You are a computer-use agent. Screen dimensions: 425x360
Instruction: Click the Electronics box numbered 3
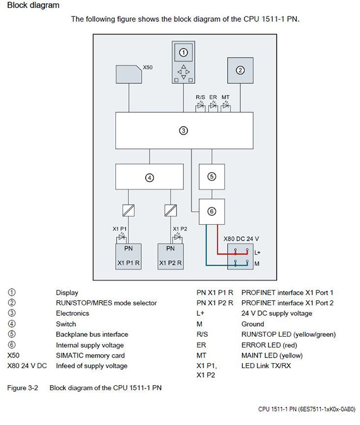click(183, 131)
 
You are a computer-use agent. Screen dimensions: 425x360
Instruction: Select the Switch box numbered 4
click(149, 177)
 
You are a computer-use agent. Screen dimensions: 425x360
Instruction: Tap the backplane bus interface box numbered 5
click(211, 176)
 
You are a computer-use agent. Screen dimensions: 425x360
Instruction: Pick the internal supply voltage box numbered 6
click(211, 211)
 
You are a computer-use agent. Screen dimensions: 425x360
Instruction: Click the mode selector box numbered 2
click(240, 70)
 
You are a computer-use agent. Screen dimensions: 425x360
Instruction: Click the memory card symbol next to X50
click(128, 74)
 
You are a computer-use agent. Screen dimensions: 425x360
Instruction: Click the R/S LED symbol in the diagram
click(201, 106)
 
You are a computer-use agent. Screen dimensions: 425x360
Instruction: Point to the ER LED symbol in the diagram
click(213, 106)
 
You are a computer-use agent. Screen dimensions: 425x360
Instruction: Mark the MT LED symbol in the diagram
click(226, 106)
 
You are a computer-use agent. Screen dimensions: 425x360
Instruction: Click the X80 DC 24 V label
click(241, 238)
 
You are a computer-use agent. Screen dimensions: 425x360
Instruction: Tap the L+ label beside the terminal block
click(257, 253)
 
